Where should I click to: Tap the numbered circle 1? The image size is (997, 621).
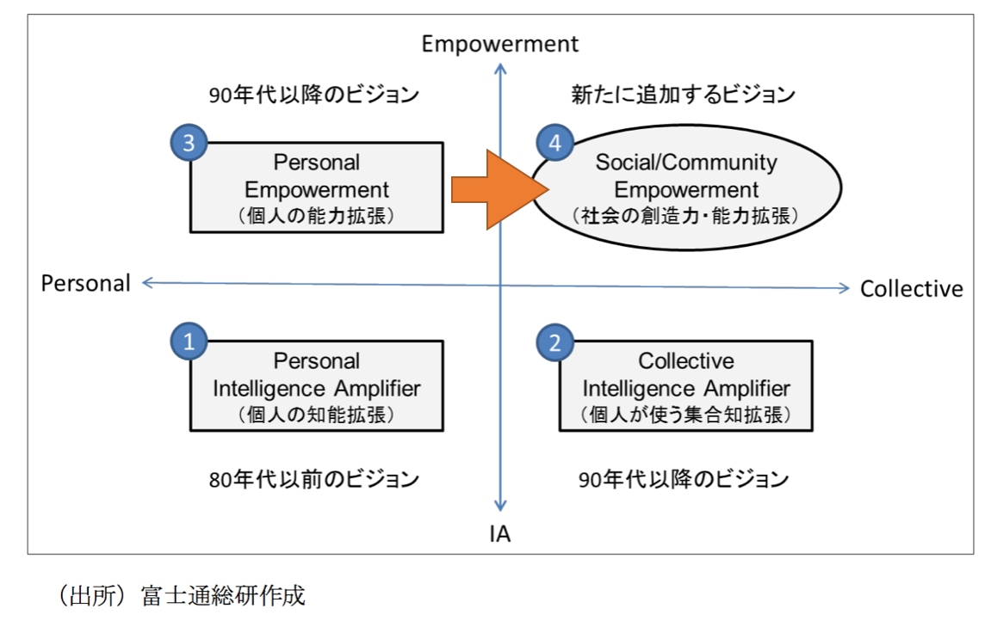[189, 341]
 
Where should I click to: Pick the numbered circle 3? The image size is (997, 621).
[189, 143]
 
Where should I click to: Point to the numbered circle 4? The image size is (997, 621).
[555, 144]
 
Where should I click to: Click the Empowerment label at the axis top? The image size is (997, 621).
[500, 44]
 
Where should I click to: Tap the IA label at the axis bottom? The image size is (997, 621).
[500, 535]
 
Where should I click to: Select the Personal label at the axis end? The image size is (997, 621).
[86, 283]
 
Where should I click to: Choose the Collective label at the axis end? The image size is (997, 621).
[911, 289]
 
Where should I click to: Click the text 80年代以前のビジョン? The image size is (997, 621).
[313, 478]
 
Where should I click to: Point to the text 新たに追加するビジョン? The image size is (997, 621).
[683, 94]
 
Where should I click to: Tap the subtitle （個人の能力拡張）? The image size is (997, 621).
[317, 215]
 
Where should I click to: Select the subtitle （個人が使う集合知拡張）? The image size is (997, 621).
[686, 415]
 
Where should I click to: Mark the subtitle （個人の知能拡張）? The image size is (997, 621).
[317, 415]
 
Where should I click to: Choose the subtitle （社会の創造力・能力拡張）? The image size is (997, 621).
[686, 216]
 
